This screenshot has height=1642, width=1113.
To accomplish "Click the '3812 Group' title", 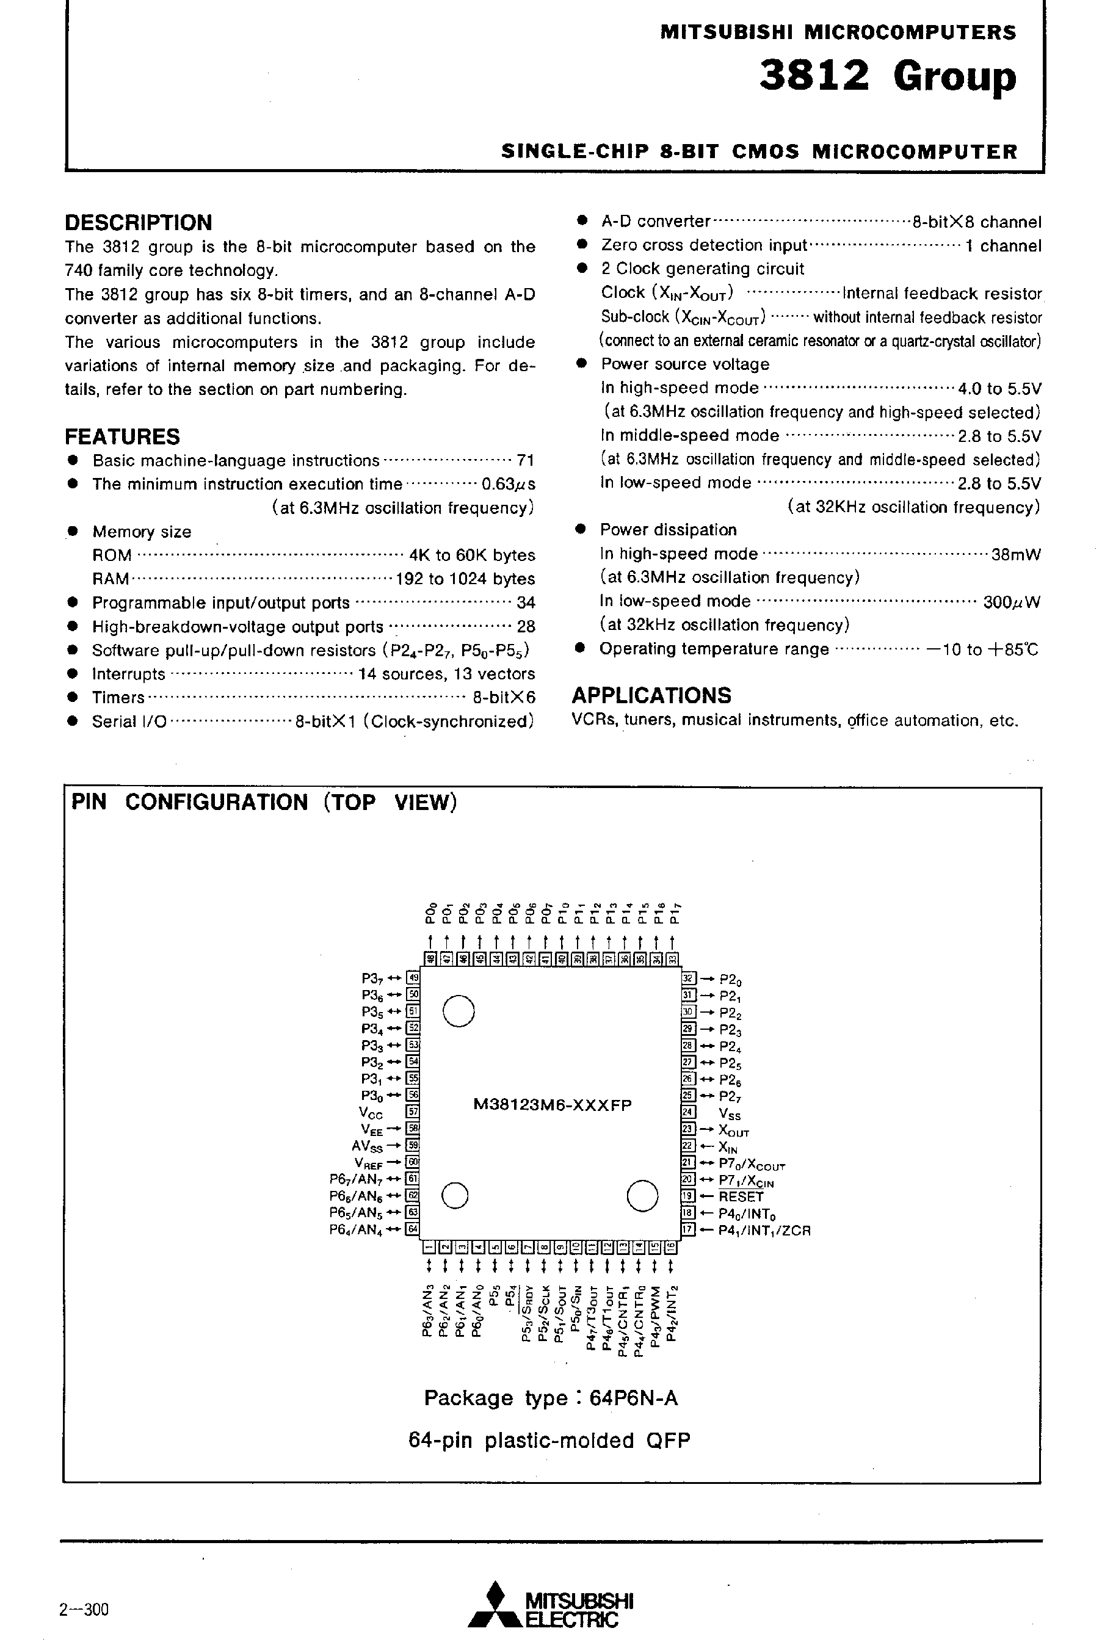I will pyautogui.click(x=887, y=77).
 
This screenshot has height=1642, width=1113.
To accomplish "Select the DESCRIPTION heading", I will pyautogui.click(x=139, y=223).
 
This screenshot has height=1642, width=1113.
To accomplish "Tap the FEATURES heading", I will pyautogui.click(x=122, y=436).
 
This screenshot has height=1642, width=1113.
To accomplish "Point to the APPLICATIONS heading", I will pyautogui.click(x=651, y=695).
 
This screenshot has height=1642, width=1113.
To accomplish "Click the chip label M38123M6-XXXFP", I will pyautogui.click(x=553, y=1105).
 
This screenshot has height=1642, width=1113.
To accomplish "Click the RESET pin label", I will pyautogui.click(x=741, y=1196).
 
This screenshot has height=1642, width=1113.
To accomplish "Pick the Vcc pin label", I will pyautogui.click(x=371, y=1113).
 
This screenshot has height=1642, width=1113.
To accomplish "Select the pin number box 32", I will pyautogui.click(x=688, y=978).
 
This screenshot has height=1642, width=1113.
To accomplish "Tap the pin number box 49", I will pyautogui.click(x=414, y=978).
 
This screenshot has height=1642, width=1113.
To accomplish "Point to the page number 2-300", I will pyautogui.click(x=84, y=1610).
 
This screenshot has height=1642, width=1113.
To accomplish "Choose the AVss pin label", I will pyautogui.click(x=367, y=1146).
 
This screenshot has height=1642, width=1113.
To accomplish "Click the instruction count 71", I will pyautogui.click(x=525, y=461).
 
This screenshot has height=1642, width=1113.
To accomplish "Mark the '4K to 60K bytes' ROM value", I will pyautogui.click(x=472, y=555).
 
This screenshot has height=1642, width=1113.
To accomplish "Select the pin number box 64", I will pyautogui.click(x=414, y=1229).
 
